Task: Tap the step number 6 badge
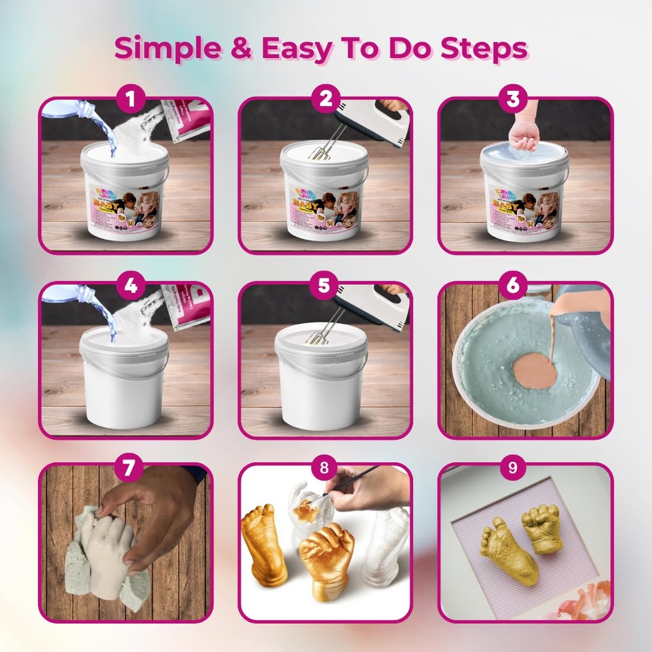tap(513, 287)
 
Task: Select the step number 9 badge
tap(513, 469)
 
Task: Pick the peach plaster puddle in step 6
tap(535, 371)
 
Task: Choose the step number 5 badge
tap(324, 287)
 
